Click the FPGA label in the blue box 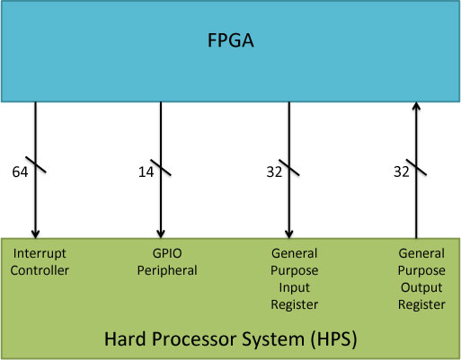tap(231, 40)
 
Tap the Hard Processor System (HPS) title tap(230, 339)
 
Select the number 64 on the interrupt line tap(20, 171)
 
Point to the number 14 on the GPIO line tap(146, 171)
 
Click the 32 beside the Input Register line tap(274, 171)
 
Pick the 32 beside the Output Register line tap(402, 171)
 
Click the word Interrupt tap(40, 254)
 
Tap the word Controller tap(40, 270)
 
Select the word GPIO tap(167, 253)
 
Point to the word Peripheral tap(167, 271)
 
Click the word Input tap(294, 288)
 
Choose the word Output tap(421, 287)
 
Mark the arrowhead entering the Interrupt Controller tap(36, 234)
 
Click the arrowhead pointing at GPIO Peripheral tap(161, 234)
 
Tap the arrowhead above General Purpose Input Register tap(289, 234)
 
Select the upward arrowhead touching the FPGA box tap(416, 107)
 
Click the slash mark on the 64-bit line tap(36, 164)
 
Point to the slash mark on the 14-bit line tap(161, 167)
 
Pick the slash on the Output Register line tap(416, 167)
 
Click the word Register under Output tap(421, 305)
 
